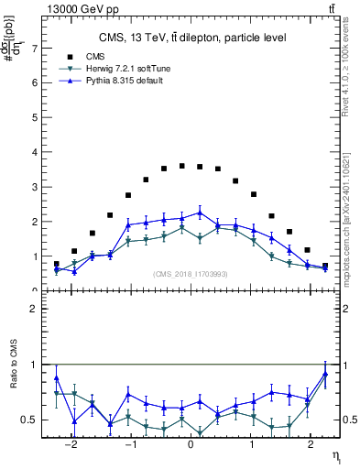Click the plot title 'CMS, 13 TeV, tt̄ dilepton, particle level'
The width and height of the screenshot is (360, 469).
(192, 38)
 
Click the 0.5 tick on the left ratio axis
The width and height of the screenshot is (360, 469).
(32, 420)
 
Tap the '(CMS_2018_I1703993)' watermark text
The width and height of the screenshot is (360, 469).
(191, 273)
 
